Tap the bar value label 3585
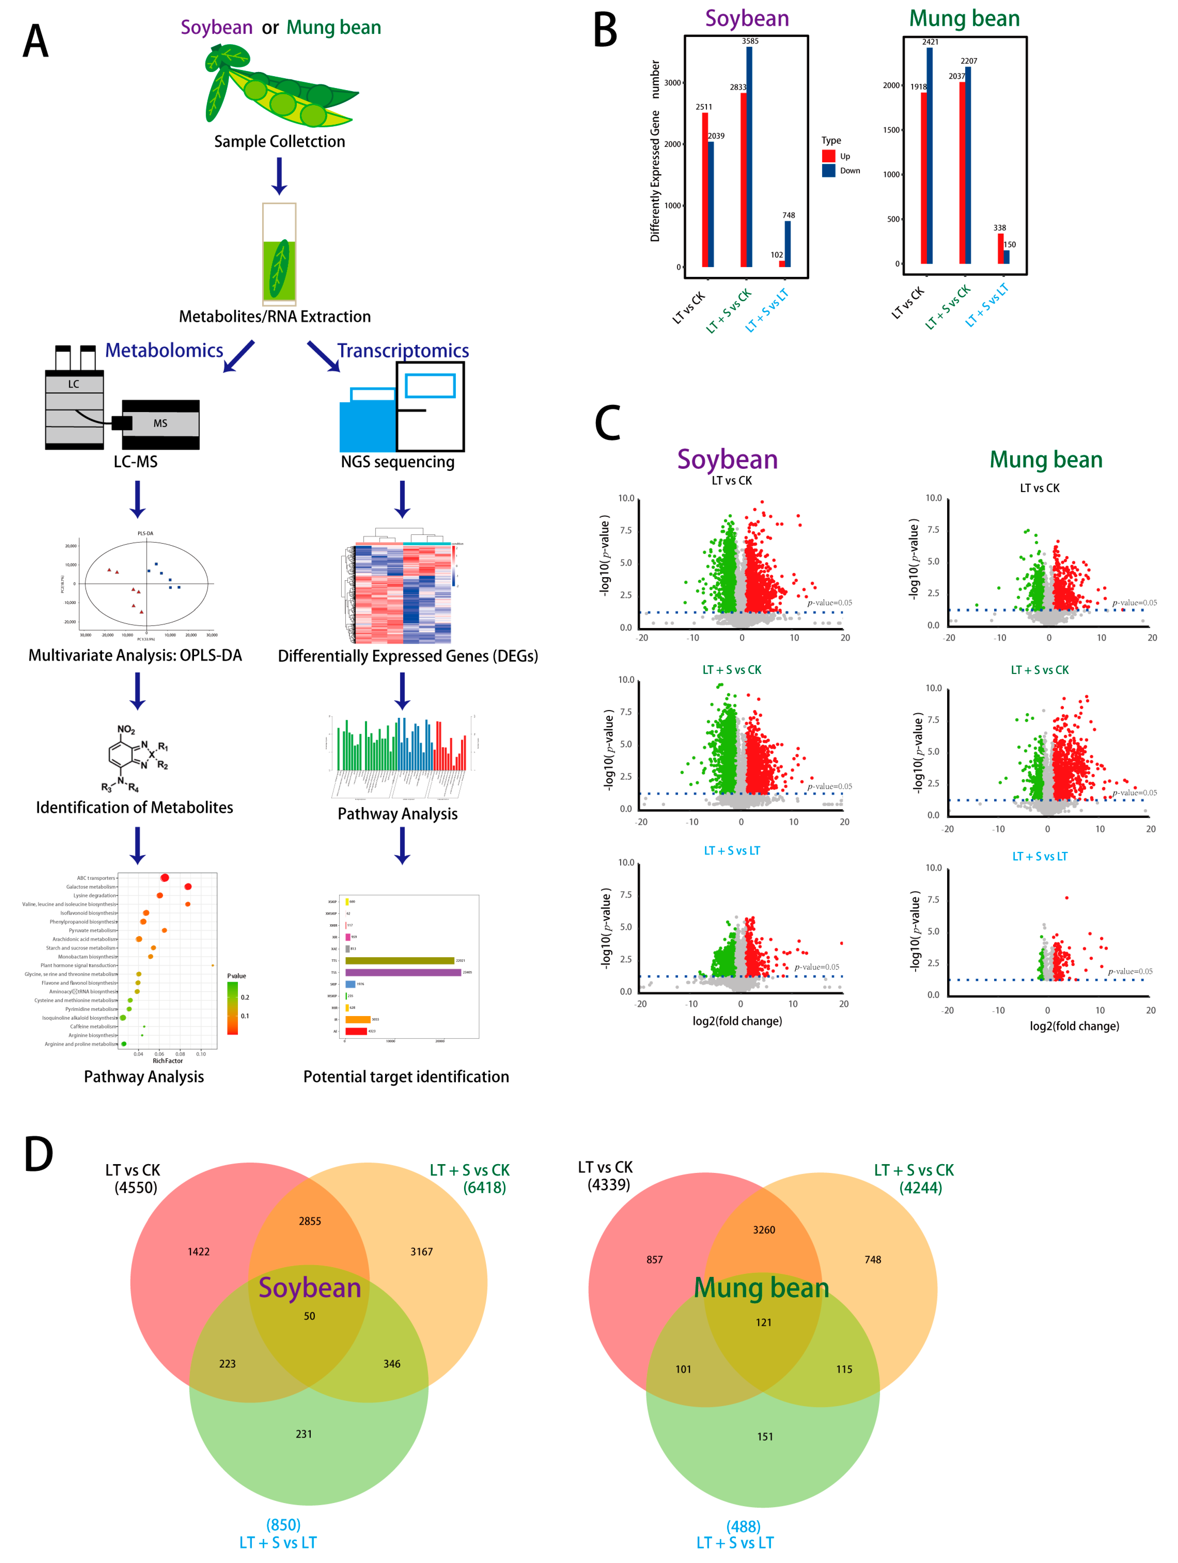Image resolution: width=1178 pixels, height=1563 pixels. (750, 41)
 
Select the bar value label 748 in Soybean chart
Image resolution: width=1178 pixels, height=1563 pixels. (789, 215)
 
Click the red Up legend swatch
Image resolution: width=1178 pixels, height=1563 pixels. (828, 155)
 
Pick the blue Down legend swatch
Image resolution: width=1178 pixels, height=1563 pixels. (828, 170)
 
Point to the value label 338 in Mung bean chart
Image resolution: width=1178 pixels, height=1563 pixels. (999, 227)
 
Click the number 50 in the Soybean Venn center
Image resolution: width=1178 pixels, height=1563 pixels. (310, 1316)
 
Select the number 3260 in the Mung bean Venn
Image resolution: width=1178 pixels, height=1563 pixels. (764, 1229)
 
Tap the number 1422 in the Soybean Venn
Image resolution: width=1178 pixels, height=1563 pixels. (199, 1251)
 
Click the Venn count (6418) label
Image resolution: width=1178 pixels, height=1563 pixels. (485, 1188)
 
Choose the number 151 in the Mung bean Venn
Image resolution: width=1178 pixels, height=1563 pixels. (765, 1437)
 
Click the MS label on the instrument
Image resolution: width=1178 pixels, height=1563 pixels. (160, 423)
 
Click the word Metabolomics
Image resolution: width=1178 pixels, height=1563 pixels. (164, 351)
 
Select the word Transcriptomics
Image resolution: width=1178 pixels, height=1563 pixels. (403, 351)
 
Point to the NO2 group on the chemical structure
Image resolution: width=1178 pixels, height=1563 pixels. (126, 729)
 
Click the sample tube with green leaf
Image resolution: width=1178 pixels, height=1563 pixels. (279, 254)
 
